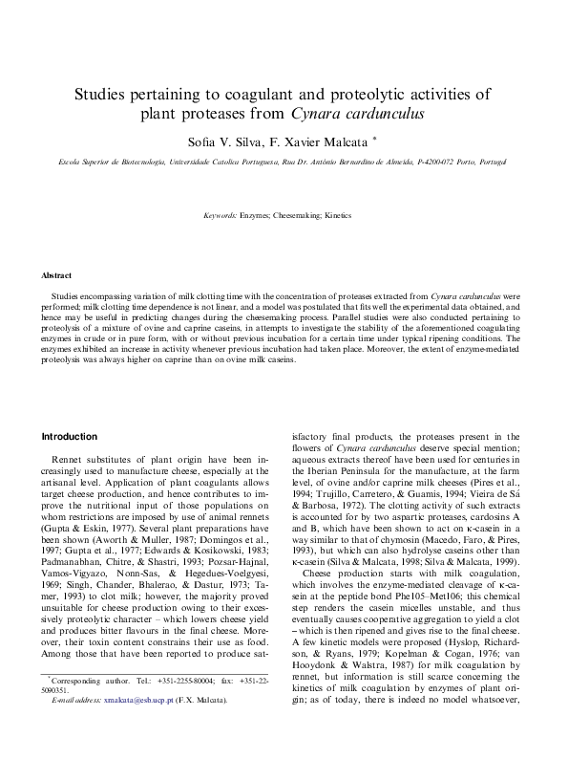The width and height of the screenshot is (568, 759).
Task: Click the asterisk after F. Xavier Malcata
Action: tap(375, 139)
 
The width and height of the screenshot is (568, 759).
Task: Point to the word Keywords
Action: tap(221, 217)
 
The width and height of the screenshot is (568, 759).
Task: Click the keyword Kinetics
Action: tap(339, 217)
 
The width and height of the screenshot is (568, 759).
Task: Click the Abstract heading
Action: tap(56, 275)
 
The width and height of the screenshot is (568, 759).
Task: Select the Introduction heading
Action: tap(69, 437)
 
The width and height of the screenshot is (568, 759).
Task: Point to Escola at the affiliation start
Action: tap(45, 163)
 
